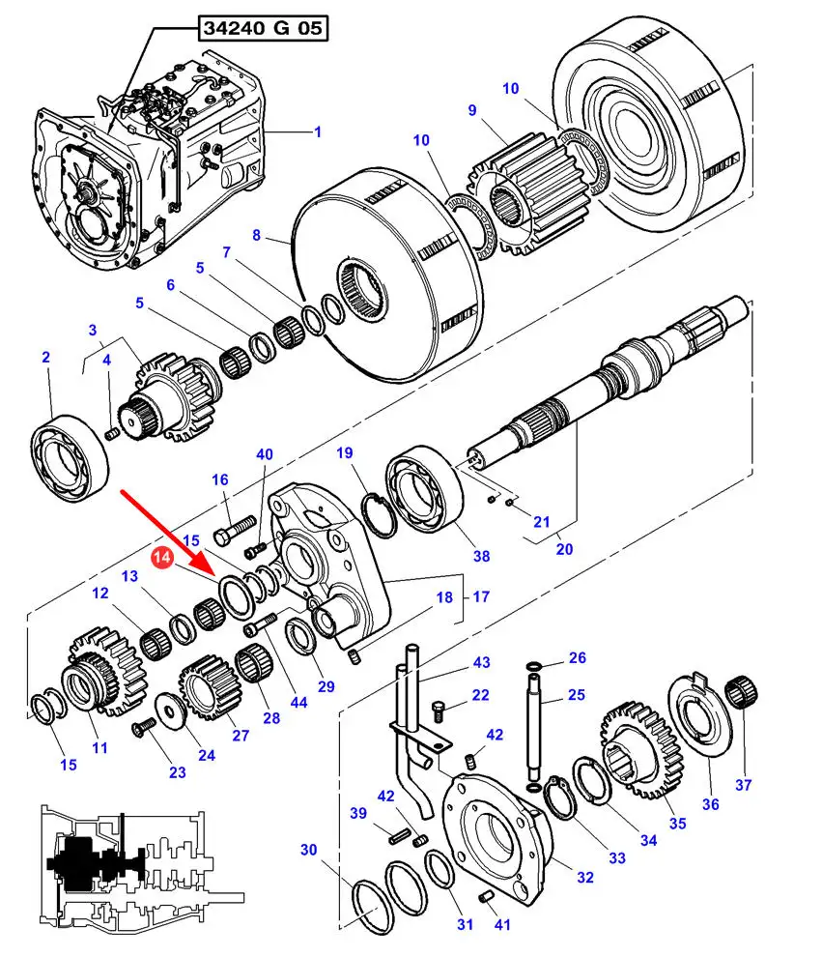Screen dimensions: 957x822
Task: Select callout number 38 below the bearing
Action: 480,555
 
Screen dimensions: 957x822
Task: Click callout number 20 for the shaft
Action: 564,549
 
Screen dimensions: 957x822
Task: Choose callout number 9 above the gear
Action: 472,110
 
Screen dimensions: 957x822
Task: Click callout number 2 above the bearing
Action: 45,358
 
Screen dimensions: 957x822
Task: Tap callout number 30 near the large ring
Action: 308,850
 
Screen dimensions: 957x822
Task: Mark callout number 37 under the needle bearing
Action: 743,784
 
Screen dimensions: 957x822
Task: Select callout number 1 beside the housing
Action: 318,131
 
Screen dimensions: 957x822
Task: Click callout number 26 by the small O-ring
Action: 577,658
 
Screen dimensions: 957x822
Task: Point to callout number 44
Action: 298,703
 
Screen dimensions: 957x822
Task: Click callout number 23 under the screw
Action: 177,771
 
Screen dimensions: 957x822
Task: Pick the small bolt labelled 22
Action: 439,711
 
